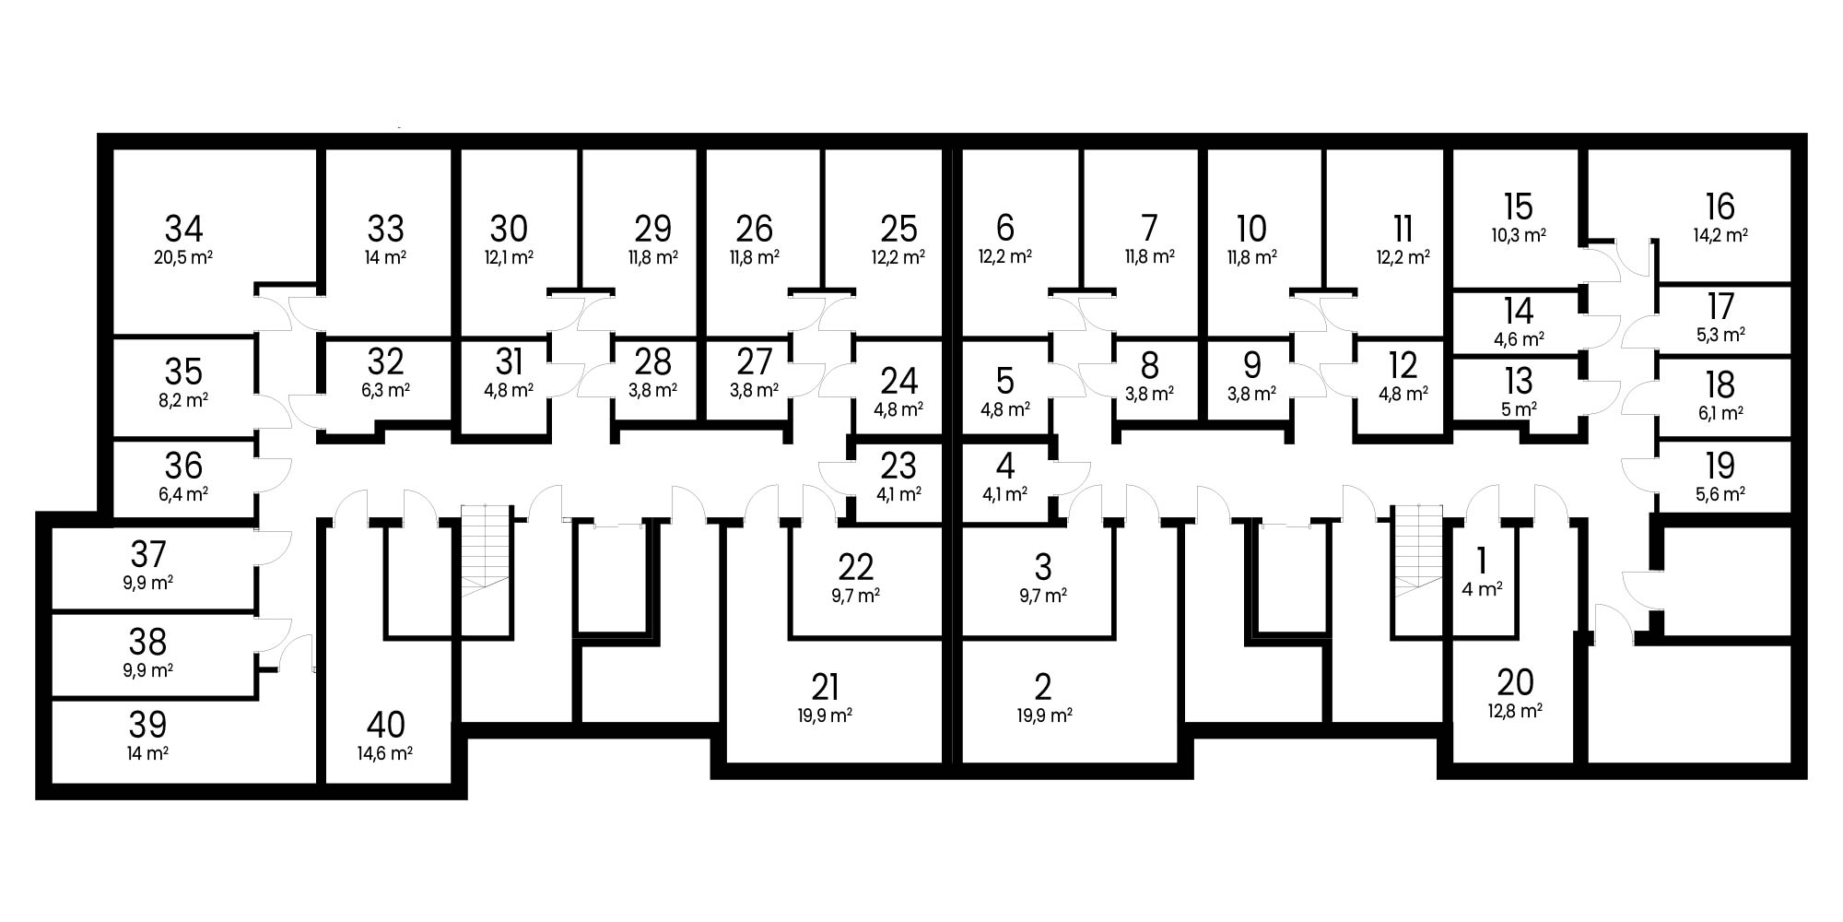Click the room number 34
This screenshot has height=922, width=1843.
[183, 228]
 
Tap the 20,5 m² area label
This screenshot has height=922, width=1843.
[183, 257]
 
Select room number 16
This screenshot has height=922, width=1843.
[1720, 206]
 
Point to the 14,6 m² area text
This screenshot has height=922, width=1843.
[384, 753]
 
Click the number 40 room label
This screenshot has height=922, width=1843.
[386, 725]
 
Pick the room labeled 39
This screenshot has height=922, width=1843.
[147, 725]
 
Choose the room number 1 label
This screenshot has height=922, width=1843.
[1482, 560]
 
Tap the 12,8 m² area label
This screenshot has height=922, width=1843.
[1515, 711]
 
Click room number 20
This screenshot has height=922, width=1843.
[1515, 682]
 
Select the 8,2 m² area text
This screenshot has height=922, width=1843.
[183, 400]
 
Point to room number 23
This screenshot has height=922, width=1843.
[898, 466]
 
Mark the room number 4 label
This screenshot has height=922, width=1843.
[1005, 466]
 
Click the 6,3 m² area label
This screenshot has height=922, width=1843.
[385, 390]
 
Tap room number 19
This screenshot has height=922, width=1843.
[1720, 466]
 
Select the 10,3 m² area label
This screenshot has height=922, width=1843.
[1518, 235]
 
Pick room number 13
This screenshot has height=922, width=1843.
[1518, 380]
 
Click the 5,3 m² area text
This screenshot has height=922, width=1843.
[1720, 335]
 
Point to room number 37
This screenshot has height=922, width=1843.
[147, 554]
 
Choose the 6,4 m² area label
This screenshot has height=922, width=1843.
[183, 494]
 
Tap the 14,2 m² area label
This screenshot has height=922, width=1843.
[1720, 235]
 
